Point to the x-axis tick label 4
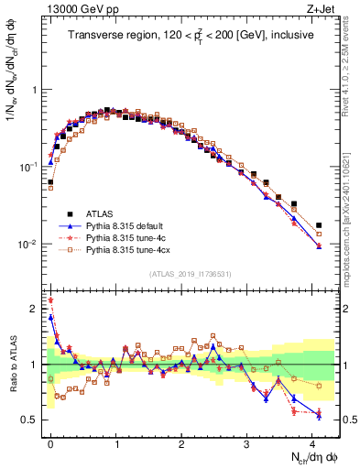[312, 442]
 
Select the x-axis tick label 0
[50, 442]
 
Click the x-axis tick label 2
[181, 442]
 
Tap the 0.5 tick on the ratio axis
[30, 420]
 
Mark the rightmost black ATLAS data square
[319, 225]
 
